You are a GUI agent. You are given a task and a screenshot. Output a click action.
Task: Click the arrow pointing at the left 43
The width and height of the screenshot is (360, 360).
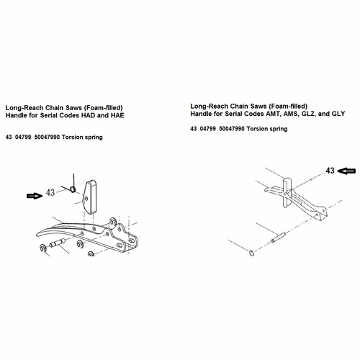[33, 194]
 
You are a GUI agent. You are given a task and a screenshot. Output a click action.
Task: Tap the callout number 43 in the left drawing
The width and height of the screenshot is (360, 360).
[50, 193]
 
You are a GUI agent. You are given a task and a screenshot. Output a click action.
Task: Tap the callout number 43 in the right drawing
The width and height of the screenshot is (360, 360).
[330, 171]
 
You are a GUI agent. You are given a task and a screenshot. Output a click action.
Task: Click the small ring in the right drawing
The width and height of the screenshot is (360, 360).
[250, 253]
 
